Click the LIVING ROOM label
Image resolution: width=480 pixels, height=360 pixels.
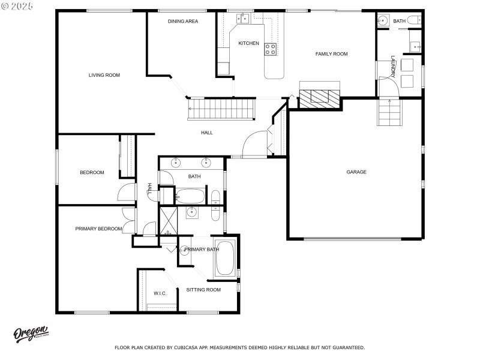[x=104, y=75]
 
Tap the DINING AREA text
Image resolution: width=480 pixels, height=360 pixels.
[x=183, y=21]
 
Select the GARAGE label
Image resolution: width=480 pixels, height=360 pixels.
[x=356, y=172]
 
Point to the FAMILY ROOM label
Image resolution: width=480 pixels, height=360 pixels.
[x=332, y=54]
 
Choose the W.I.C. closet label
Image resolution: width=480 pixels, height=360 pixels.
[x=160, y=293]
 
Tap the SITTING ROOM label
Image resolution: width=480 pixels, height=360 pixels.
[x=203, y=290]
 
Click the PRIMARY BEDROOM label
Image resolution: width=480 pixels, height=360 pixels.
[x=98, y=229]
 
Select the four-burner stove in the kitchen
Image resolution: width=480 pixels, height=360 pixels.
[x=271, y=49]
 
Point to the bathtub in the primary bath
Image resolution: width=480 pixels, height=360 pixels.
[x=225, y=258]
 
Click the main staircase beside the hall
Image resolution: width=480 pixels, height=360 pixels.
[x=221, y=110]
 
